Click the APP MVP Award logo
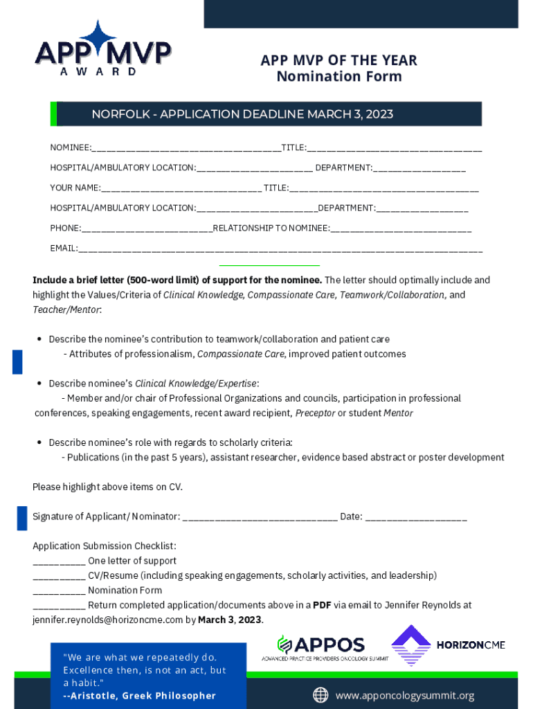[103, 48]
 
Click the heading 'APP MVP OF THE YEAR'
[338, 60]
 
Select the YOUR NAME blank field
[181, 189]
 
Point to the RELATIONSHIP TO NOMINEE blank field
[401, 229]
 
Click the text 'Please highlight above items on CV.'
[107, 487]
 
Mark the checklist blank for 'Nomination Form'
[59, 591]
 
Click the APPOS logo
[323, 647]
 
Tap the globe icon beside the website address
[320, 695]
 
